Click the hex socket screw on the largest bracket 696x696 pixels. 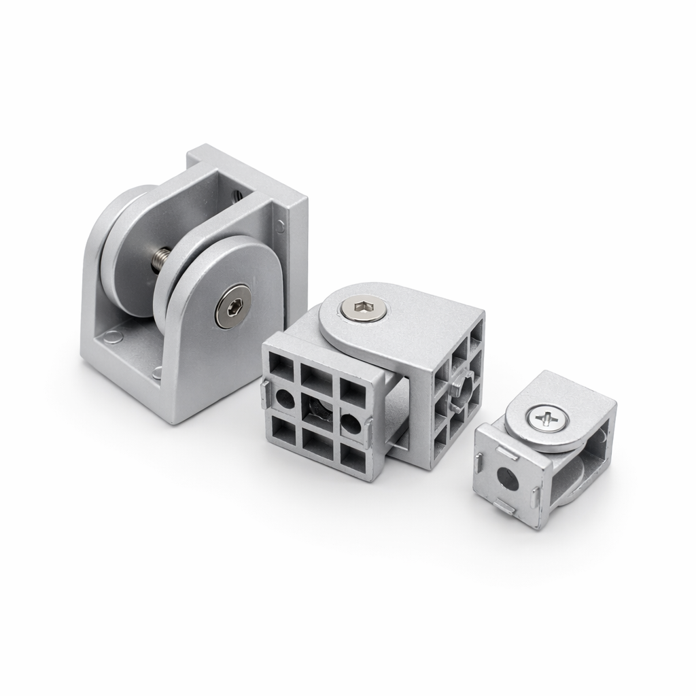[232, 307]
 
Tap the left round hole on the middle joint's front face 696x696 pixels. [284, 398]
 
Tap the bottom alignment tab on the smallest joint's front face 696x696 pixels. [503, 506]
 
